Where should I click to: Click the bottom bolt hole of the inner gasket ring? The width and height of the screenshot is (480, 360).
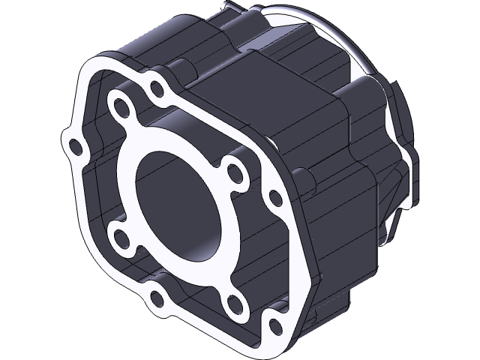click(x=232, y=301)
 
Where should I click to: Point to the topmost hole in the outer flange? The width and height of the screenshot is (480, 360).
click(x=157, y=89)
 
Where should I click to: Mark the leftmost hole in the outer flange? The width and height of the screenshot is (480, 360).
click(x=74, y=145)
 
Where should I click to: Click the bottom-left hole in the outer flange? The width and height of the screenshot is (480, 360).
click(x=157, y=300)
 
